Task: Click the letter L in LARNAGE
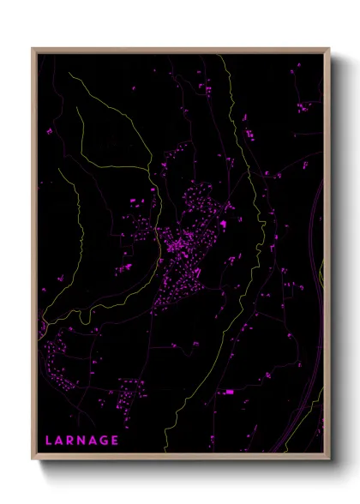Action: point(49,441)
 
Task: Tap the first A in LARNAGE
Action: point(60,441)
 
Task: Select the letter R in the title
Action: point(72,441)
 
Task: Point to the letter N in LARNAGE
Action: point(84,441)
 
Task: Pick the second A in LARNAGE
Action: point(96,441)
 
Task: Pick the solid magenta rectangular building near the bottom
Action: point(229,392)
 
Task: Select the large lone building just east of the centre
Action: point(225,225)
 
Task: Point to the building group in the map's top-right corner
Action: point(304,107)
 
